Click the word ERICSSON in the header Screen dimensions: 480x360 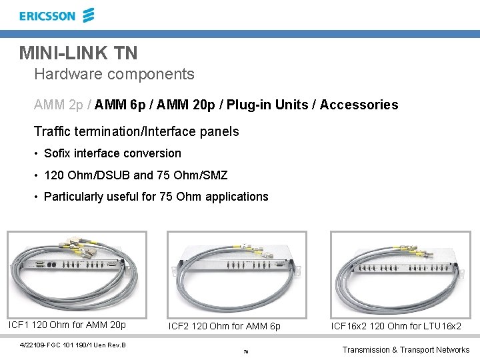coord(47,16)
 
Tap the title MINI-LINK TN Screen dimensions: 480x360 coord(78,53)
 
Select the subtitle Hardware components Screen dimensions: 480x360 coord(114,74)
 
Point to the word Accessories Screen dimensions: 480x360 coord(359,105)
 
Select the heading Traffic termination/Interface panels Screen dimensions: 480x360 coord(136,131)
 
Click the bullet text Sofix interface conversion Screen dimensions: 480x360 coord(112,153)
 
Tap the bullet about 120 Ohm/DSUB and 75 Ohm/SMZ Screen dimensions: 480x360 coord(135,175)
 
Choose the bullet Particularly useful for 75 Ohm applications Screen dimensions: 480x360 coord(155,197)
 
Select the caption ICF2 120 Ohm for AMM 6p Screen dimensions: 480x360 coord(225,326)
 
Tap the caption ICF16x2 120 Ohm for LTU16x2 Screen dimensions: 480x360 coord(396,326)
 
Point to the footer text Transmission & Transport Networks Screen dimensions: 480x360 coord(405,349)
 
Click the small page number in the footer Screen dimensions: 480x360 coord(246,351)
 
